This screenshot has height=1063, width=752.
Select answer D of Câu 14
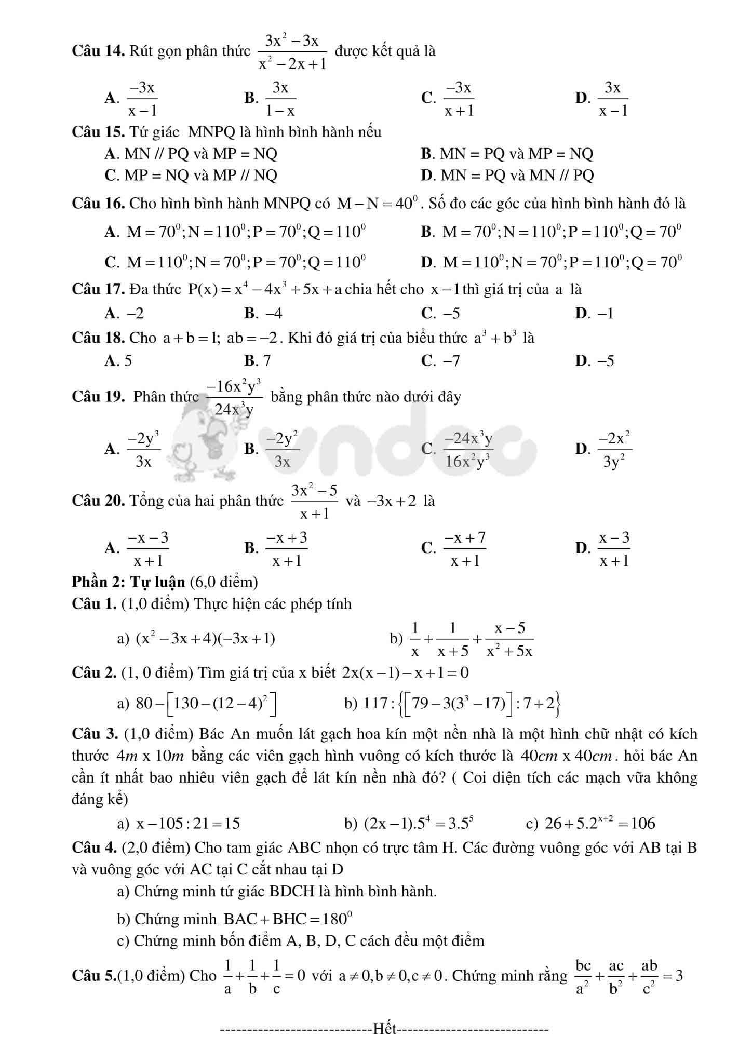point(602,98)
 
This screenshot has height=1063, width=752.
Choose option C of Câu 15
point(191,176)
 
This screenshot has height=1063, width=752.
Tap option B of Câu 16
point(551,232)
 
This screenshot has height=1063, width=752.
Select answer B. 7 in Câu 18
point(258,360)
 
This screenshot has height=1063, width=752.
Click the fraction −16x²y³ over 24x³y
point(234,398)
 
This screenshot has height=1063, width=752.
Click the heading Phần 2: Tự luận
point(128,582)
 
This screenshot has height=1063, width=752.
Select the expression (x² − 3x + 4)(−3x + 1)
point(205,638)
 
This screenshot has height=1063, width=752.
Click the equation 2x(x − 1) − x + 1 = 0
point(405,673)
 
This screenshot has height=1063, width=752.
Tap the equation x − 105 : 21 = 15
point(187,824)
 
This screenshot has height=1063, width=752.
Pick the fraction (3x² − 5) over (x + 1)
point(314,502)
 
